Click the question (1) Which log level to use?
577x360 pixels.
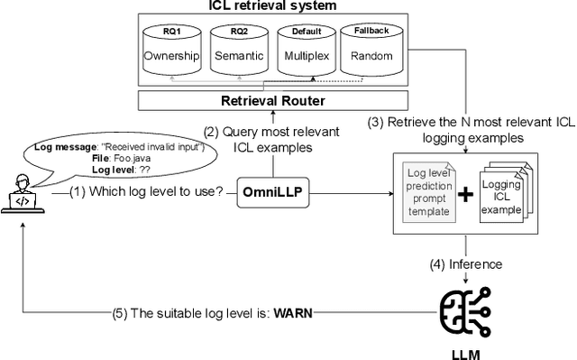tap(140, 192)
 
